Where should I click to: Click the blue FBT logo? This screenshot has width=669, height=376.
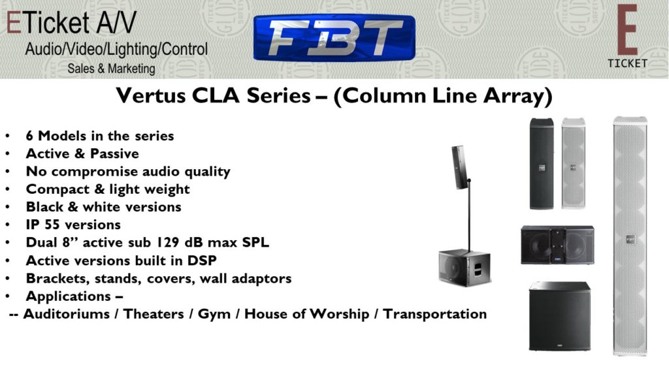click(x=334, y=38)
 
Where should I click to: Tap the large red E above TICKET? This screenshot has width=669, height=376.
click(x=627, y=30)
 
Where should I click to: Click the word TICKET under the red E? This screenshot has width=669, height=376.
click(x=627, y=63)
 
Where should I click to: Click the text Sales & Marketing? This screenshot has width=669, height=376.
click(x=111, y=69)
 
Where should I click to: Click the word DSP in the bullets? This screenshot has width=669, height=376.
click(x=202, y=260)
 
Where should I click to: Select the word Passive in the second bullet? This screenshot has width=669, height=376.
click(x=114, y=153)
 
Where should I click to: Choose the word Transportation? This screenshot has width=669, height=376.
click(x=434, y=314)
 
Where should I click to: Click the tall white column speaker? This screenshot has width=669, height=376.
click(x=630, y=236)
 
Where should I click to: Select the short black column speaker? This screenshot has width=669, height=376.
click(x=542, y=164)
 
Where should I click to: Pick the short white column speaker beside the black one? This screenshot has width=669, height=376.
click(x=574, y=164)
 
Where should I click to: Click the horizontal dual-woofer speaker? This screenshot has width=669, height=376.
click(x=558, y=245)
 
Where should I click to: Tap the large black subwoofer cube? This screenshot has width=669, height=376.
click(x=560, y=316)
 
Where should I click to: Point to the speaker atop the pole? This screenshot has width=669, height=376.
click(x=459, y=167)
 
